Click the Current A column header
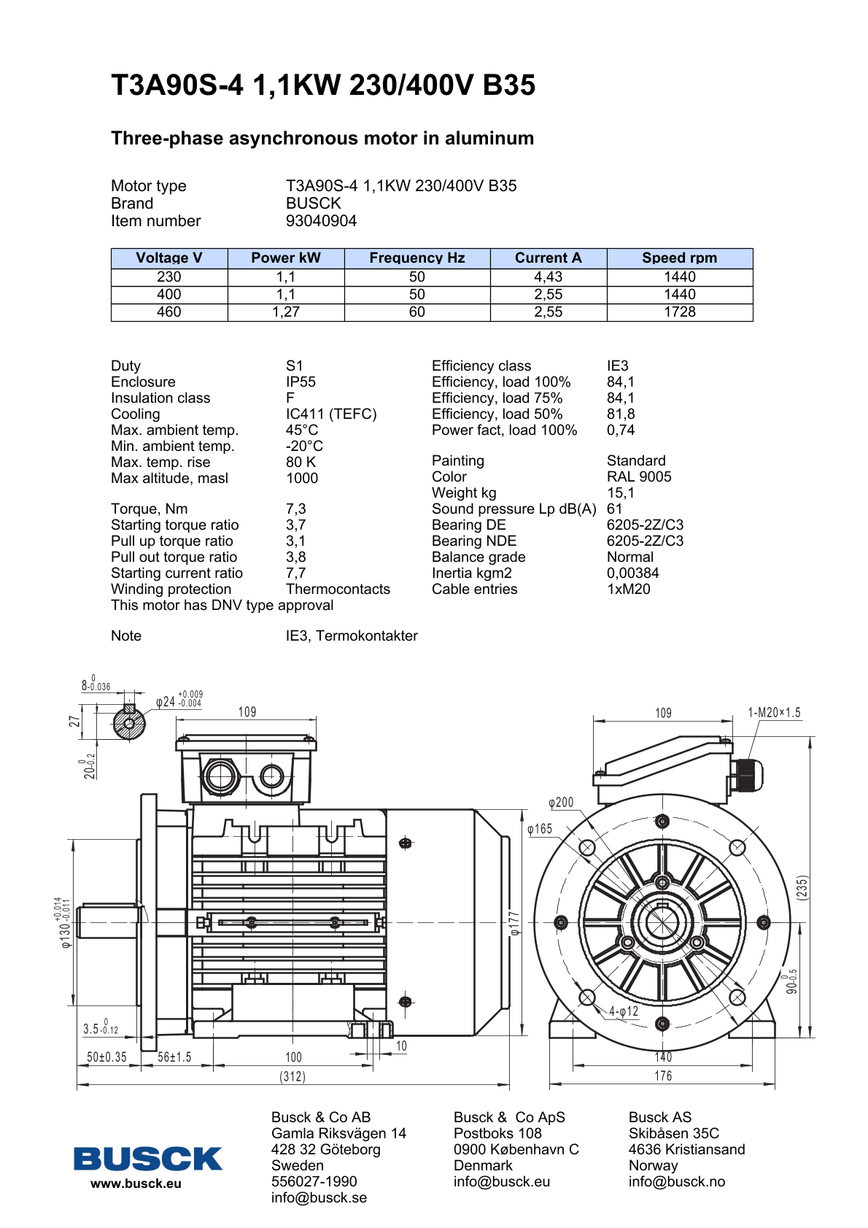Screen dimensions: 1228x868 pos(548,258)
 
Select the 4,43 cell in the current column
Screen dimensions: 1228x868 pos(548,277)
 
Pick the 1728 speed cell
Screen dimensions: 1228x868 pos(679,312)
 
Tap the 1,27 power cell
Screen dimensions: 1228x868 pos(286,312)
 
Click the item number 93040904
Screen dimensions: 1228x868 pos(321,221)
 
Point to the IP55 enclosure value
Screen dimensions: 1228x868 pos(301,382)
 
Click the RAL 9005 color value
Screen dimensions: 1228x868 pos(639,477)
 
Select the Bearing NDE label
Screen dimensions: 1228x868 pos(473,541)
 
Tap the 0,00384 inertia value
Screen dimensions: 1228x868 pos(632,574)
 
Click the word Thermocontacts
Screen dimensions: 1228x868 pos(338,590)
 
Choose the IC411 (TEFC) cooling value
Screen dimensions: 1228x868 pos(331,414)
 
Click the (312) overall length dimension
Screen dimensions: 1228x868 pos(292,1077)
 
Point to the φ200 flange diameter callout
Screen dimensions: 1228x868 pos(561,803)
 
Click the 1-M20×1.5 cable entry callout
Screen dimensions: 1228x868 pos(774,713)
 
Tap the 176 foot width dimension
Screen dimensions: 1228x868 pos(663,1076)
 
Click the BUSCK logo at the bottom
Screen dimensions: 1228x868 pos(147,1159)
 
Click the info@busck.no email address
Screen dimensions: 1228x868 pos(676,1182)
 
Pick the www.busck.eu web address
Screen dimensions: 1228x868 pos(136,1184)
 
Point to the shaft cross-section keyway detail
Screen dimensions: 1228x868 pos(129,723)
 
